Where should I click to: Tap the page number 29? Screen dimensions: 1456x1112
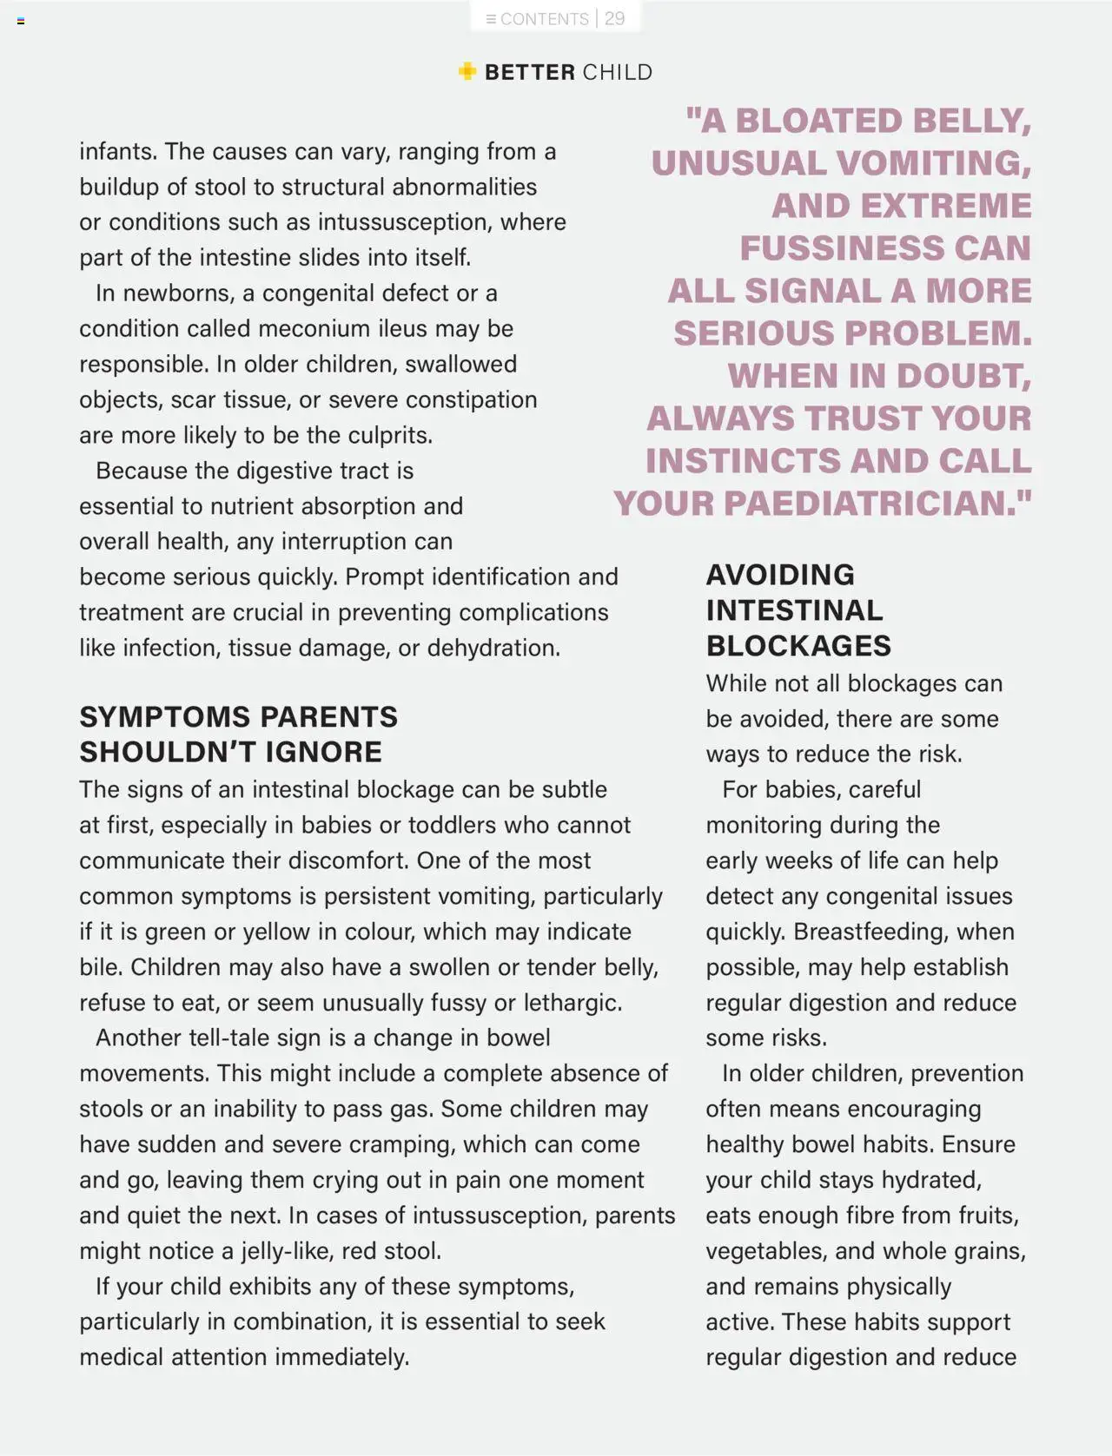(x=614, y=19)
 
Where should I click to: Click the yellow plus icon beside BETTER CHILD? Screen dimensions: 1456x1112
(x=467, y=71)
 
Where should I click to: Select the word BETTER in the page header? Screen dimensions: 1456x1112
(x=530, y=72)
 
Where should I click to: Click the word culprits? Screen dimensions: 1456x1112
(x=389, y=436)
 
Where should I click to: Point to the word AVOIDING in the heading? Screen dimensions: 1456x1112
(x=780, y=575)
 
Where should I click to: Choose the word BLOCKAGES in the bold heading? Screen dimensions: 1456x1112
(x=798, y=646)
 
